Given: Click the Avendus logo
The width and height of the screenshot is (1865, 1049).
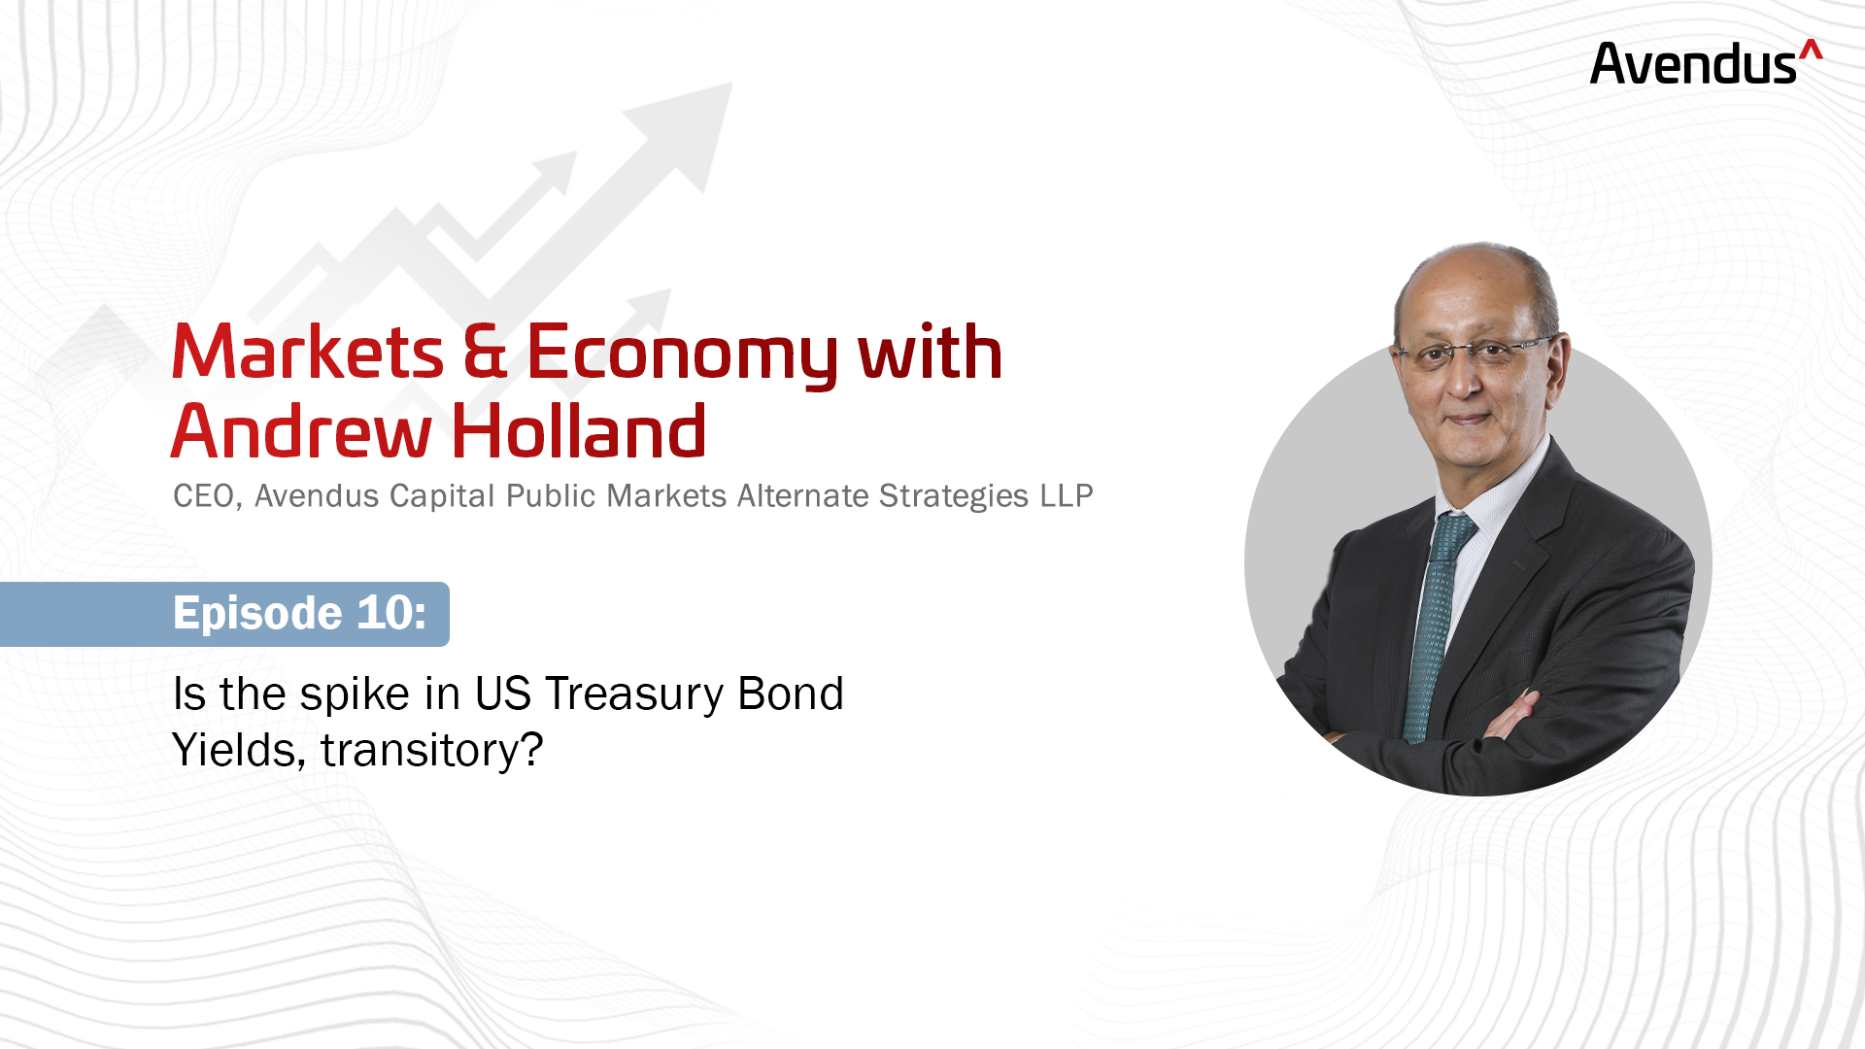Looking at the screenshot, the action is (1706, 62).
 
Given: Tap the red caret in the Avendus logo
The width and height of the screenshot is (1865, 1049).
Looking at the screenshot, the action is (1811, 50).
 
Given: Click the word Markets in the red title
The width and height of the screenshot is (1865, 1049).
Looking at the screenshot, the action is (308, 352).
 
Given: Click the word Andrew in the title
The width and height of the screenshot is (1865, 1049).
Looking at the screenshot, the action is (301, 431).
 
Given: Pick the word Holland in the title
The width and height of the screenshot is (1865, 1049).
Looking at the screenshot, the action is (579, 430).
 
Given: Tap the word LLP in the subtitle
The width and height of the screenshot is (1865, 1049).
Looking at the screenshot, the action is (1067, 495).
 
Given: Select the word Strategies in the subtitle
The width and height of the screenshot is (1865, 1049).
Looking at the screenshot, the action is (954, 497).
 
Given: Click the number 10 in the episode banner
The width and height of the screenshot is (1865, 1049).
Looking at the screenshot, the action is (392, 613).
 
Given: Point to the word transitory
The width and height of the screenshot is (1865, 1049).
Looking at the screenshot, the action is (432, 751).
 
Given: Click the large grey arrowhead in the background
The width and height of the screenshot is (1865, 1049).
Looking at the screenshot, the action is (677, 137).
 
